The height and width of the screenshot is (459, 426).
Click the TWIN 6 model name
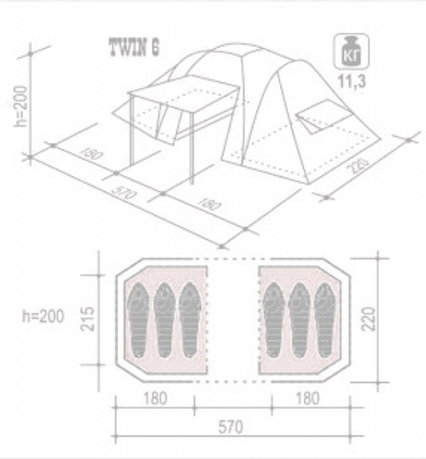pyautogui.click(x=134, y=47)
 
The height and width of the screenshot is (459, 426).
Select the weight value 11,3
pyautogui.click(x=352, y=81)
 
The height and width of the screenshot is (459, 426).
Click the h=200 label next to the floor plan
pyautogui.click(x=43, y=316)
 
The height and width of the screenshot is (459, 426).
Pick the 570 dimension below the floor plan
pyautogui.click(x=230, y=426)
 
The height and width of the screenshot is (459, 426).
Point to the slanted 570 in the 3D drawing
pyautogui.click(x=124, y=194)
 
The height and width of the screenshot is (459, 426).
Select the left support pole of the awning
pyautogui.click(x=132, y=130)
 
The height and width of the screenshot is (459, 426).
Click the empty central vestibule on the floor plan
pyautogui.click(x=233, y=320)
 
